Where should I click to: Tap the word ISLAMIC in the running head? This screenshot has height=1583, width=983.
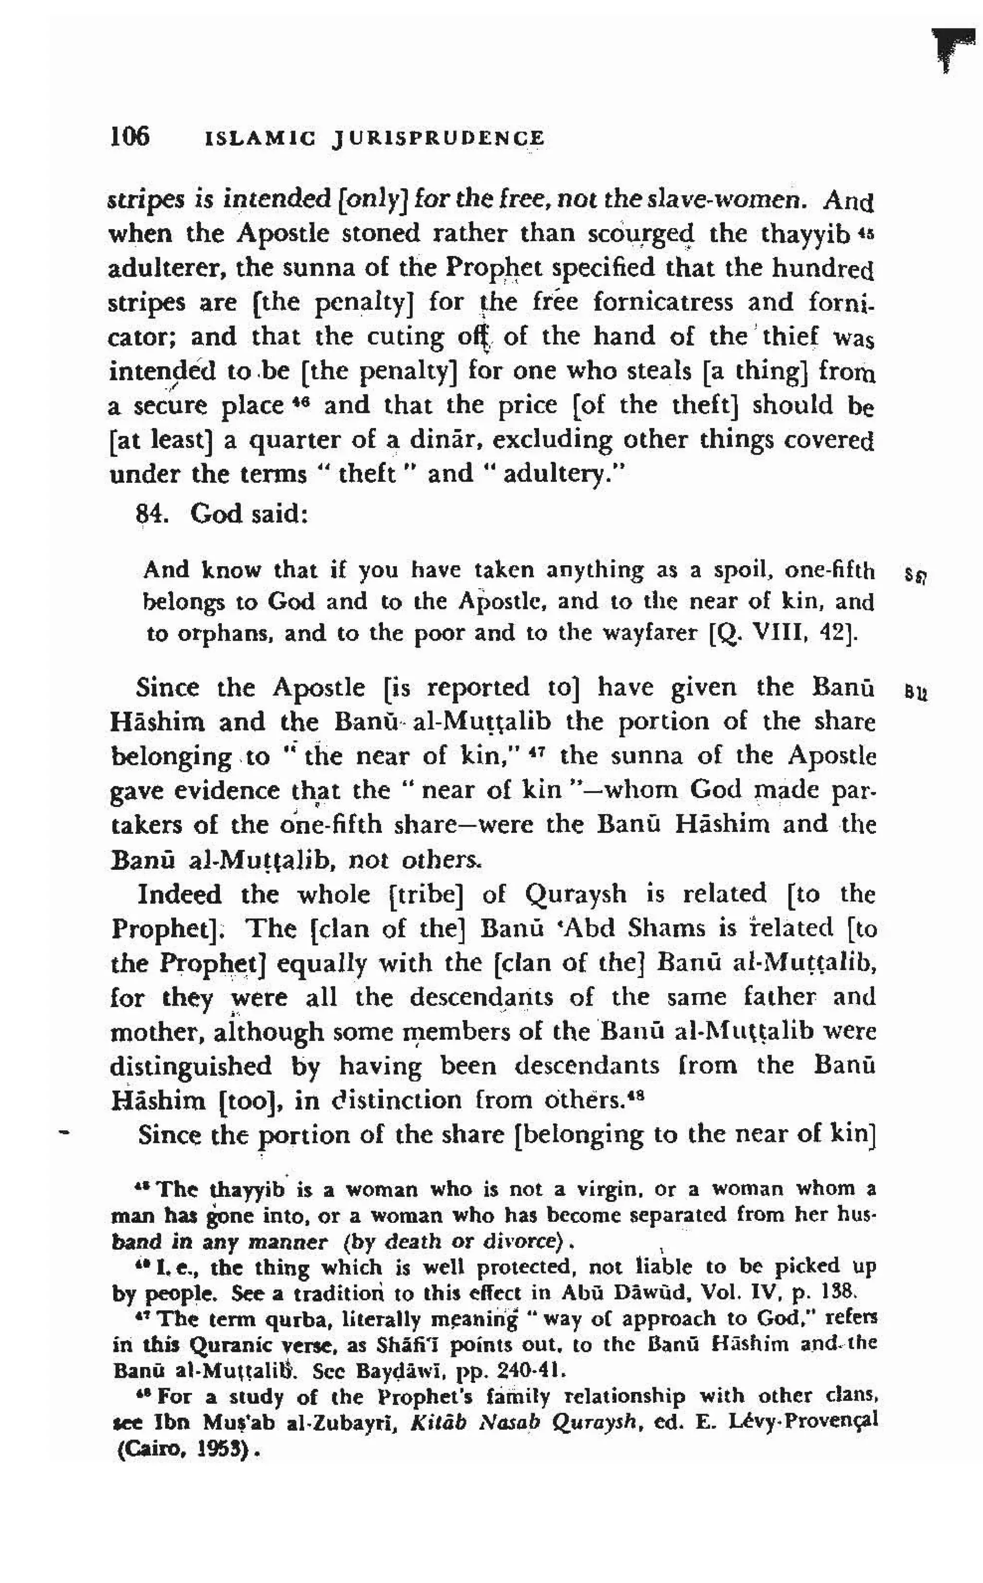260,138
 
